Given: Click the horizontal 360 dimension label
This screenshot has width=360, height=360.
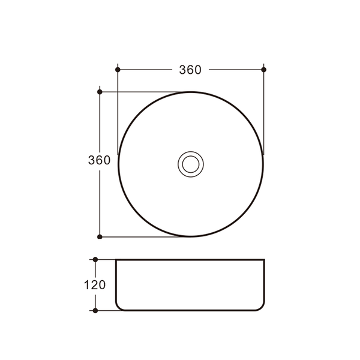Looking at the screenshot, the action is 190,70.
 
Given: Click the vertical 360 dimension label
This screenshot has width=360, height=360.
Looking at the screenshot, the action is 99,160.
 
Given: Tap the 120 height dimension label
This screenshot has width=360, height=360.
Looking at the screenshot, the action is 95,285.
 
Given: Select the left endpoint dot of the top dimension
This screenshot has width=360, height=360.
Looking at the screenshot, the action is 118,70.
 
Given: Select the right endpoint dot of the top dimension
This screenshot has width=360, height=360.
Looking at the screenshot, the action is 264,70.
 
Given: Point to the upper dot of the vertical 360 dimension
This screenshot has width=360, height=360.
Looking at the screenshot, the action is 100,92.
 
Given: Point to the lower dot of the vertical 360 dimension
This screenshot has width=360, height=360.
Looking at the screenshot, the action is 100,237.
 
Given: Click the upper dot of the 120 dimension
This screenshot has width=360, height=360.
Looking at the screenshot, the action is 95,260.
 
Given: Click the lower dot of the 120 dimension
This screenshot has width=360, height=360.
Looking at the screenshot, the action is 95,311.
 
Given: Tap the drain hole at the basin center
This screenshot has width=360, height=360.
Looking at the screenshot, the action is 191,164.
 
